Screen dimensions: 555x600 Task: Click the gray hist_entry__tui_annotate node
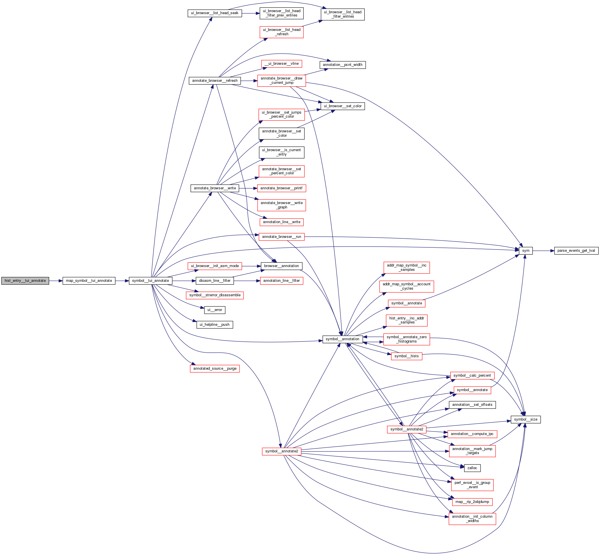[x=25, y=281]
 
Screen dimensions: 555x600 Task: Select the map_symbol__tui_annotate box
[x=89, y=281]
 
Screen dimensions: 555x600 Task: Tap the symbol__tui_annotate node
[x=151, y=281]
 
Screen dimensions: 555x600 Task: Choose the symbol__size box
[x=525, y=419]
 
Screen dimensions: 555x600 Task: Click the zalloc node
[x=472, y=468]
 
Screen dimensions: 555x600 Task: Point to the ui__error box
[x=215, y=310]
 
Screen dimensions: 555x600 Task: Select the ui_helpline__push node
[x=215, y=325]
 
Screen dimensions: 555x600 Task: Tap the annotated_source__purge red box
[x=215, y=369]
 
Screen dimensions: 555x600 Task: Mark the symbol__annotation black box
[x=342, y=339]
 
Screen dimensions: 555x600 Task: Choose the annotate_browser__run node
[x=282, y=237]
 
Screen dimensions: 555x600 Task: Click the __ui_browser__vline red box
[x=282, y=64]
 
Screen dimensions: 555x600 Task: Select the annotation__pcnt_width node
[x=342, y=65]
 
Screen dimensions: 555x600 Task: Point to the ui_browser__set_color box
[x=343, y=106]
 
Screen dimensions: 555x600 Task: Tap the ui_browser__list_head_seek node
[x=215, y=13]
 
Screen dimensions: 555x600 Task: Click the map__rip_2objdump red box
[x=472, y=502]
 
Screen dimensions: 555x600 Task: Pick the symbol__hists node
[x=406, y=356]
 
